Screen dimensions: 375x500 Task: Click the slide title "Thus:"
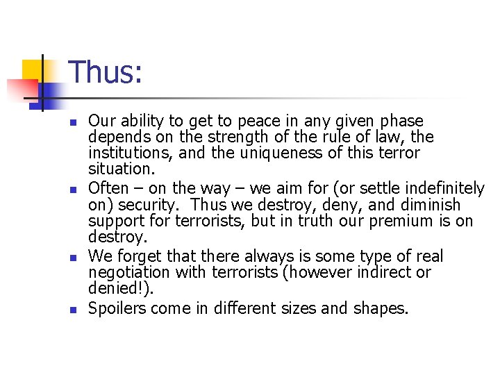point(106,73)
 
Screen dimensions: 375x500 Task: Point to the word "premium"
point(410,222)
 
